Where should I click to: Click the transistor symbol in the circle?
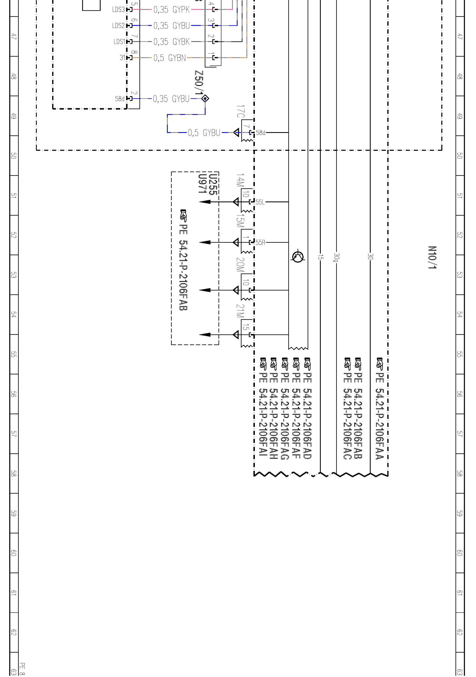coord(298,257)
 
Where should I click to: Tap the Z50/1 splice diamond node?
coord(205,98)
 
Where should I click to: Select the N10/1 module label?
coord(432,257)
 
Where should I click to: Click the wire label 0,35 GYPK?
coord(171,10)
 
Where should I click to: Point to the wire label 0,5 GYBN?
coord(169,58)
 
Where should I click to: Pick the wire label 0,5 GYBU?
coord(204,133)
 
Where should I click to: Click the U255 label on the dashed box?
coord(213,185)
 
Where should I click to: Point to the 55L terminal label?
coord(260,202)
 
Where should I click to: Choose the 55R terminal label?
coord(260,242)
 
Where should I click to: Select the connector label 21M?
coord(240,311)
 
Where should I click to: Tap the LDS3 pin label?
coord(119,10)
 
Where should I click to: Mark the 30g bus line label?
coord(337,257)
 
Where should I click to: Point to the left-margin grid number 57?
coord(14,434)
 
